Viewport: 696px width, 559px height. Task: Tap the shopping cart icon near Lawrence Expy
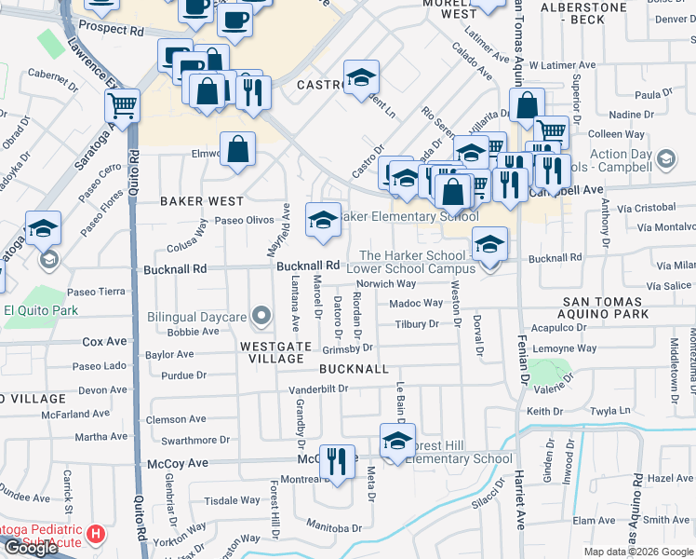tap(123, 105)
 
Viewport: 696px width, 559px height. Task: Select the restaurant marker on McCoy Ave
tap(337, 460)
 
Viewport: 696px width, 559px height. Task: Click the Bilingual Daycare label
tap(196, 317)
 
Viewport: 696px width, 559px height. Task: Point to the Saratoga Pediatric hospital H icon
tap(95, 535)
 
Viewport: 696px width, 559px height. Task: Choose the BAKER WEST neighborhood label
tap(201, 201)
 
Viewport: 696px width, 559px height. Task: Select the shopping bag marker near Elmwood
tap(238, 147)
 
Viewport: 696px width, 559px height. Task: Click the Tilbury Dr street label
tap(416, 324)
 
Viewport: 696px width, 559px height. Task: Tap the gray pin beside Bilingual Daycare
tap(262, 317)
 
